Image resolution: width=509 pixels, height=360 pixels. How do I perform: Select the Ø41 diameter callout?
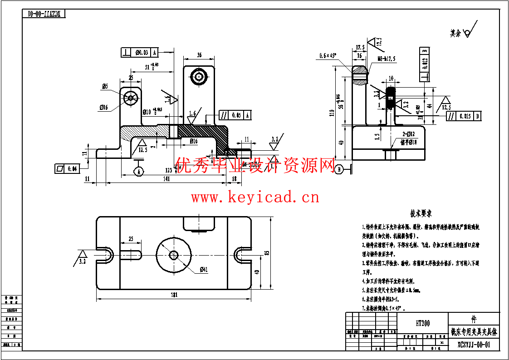coord(203,270)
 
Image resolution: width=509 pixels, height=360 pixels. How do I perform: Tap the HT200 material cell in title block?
coord(422,324)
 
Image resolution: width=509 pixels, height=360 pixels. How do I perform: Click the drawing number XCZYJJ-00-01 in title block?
coord(474,345)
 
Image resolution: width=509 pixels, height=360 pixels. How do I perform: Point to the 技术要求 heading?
coord(421,213)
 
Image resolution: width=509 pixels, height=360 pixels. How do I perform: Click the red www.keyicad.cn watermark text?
coord(254,197)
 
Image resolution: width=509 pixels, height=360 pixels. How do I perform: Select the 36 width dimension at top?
coord(199,55)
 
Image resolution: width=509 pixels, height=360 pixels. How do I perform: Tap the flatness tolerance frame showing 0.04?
coord(66,168)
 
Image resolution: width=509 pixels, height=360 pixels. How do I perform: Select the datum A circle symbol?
coord(138,171)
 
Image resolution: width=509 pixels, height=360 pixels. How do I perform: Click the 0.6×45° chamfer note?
coord(328,55)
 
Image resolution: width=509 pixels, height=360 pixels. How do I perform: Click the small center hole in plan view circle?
coord(173,254)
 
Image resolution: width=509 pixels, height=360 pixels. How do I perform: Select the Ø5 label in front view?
coord(105,86)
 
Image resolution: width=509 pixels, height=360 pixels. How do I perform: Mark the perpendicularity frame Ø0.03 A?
coord(141,52)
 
